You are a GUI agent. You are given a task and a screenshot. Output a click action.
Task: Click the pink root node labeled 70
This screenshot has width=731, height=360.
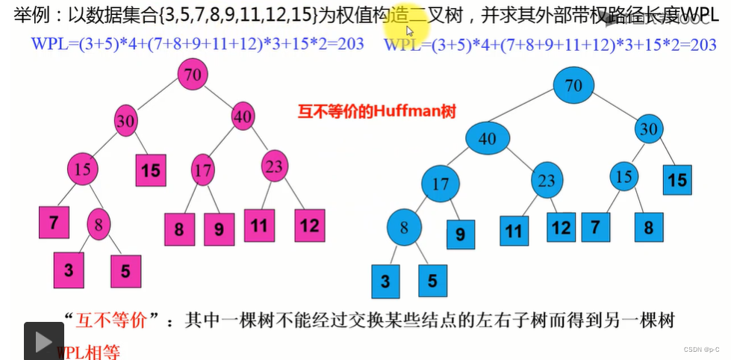193,75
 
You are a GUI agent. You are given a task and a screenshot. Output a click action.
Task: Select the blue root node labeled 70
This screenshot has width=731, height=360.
573,86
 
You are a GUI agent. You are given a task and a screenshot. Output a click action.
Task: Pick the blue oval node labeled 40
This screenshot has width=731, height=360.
487,139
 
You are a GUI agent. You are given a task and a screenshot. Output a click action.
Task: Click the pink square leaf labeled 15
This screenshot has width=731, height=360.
151,170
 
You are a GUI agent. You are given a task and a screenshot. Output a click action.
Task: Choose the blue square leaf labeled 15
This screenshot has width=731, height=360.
677,180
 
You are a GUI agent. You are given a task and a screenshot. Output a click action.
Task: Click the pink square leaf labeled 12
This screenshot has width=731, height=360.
310,224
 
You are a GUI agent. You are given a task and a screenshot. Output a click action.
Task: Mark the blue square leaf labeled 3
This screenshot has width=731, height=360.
386,282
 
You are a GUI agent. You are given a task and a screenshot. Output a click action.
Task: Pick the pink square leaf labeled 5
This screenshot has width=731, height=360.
125,271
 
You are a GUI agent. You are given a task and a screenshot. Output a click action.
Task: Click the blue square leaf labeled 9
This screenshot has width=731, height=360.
460,235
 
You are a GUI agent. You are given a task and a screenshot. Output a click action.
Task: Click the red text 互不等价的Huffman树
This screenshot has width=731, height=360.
377,111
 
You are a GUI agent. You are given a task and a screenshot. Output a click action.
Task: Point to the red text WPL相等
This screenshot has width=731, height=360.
88,352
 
